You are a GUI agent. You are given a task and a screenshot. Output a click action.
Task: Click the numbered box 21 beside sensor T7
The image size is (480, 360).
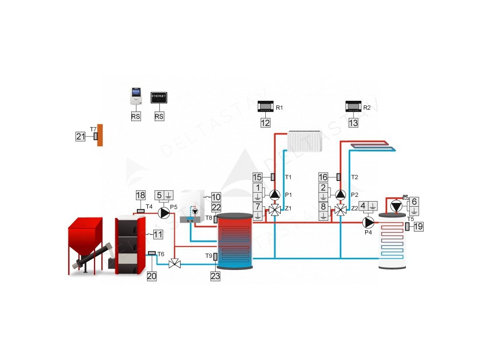81,136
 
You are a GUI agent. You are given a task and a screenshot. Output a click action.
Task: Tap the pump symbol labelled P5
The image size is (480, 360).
165,213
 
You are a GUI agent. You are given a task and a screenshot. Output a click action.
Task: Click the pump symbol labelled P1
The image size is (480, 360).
274,194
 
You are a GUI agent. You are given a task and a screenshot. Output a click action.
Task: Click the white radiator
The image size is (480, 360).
305,141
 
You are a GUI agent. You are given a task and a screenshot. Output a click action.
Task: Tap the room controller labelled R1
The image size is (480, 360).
266,107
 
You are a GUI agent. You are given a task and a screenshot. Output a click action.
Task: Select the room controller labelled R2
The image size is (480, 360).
353,107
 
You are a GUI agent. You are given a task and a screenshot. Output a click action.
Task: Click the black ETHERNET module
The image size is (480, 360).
159,98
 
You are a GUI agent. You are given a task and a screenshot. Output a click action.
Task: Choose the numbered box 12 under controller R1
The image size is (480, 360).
266,123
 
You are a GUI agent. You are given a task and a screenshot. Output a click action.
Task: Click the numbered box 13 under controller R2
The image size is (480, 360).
353,123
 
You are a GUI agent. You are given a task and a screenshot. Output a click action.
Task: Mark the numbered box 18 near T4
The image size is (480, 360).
141,195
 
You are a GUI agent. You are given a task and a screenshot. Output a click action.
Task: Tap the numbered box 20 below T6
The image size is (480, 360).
151,276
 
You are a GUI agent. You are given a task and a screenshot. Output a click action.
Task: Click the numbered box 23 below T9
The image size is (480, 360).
215,276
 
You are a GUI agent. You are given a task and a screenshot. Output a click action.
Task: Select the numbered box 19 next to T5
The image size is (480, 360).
418,227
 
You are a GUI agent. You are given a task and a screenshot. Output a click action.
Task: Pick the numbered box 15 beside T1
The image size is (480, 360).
257,177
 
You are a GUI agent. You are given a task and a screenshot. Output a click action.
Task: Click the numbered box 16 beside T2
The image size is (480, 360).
323,177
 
